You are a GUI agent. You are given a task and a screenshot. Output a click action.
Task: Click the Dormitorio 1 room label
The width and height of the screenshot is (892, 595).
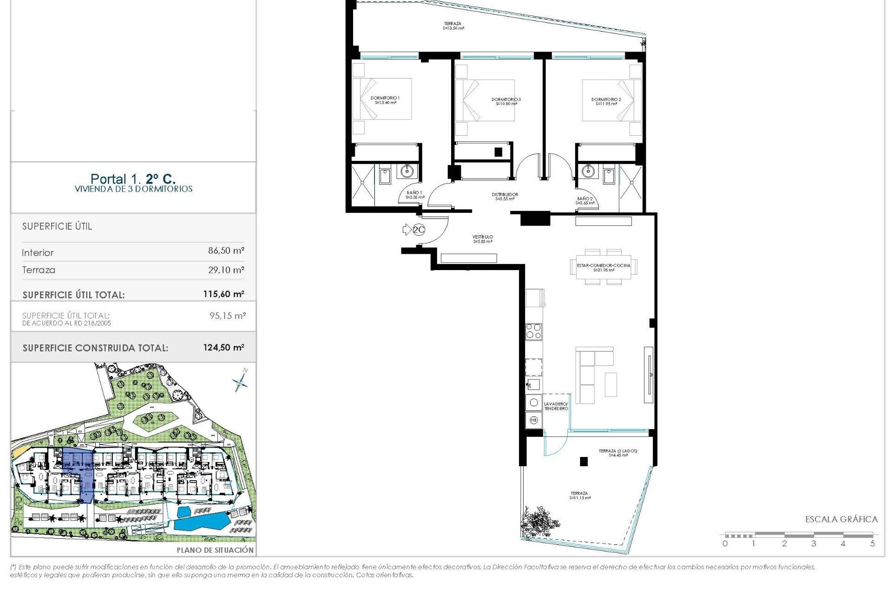click(385, 100)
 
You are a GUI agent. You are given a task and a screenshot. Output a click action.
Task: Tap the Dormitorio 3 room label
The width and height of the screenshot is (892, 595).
click(506, 101)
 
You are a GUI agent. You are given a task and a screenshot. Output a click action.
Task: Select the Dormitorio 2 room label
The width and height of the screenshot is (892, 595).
click(606, 101)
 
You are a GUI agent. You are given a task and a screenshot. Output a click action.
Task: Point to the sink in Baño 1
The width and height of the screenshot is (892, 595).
click(407, 172)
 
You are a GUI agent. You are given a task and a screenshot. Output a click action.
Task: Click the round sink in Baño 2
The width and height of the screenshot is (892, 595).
click(588, 171)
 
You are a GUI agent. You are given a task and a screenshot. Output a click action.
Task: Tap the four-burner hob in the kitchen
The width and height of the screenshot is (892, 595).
click(533, 331)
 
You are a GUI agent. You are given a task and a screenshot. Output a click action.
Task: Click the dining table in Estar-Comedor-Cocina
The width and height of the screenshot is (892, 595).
click(603, 267)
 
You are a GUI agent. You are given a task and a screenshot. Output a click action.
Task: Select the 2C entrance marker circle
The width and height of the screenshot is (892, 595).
click(419, 230)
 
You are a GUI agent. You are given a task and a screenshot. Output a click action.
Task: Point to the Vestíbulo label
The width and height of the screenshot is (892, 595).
click(483, 239)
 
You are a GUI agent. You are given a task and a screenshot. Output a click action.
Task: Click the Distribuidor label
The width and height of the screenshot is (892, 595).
click(505, 197)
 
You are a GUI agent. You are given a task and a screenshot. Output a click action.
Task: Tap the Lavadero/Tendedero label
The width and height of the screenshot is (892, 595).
click(556, 406)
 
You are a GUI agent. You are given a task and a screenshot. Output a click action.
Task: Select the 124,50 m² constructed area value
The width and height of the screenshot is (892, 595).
click(223, 347)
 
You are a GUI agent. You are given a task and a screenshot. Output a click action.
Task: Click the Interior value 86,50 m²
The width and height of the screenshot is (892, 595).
click(226, 251)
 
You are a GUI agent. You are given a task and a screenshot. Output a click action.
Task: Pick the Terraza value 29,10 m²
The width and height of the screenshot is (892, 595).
click(226, 270)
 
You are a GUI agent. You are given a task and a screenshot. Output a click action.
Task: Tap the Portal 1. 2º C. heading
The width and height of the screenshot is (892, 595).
click(133, 178)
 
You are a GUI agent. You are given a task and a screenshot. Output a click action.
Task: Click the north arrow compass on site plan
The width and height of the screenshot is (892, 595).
click(241, 382)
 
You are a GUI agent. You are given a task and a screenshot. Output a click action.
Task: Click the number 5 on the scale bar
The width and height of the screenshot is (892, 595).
click(872, 543)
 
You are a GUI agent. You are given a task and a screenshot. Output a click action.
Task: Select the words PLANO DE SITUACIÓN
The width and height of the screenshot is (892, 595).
click(215, 550)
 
